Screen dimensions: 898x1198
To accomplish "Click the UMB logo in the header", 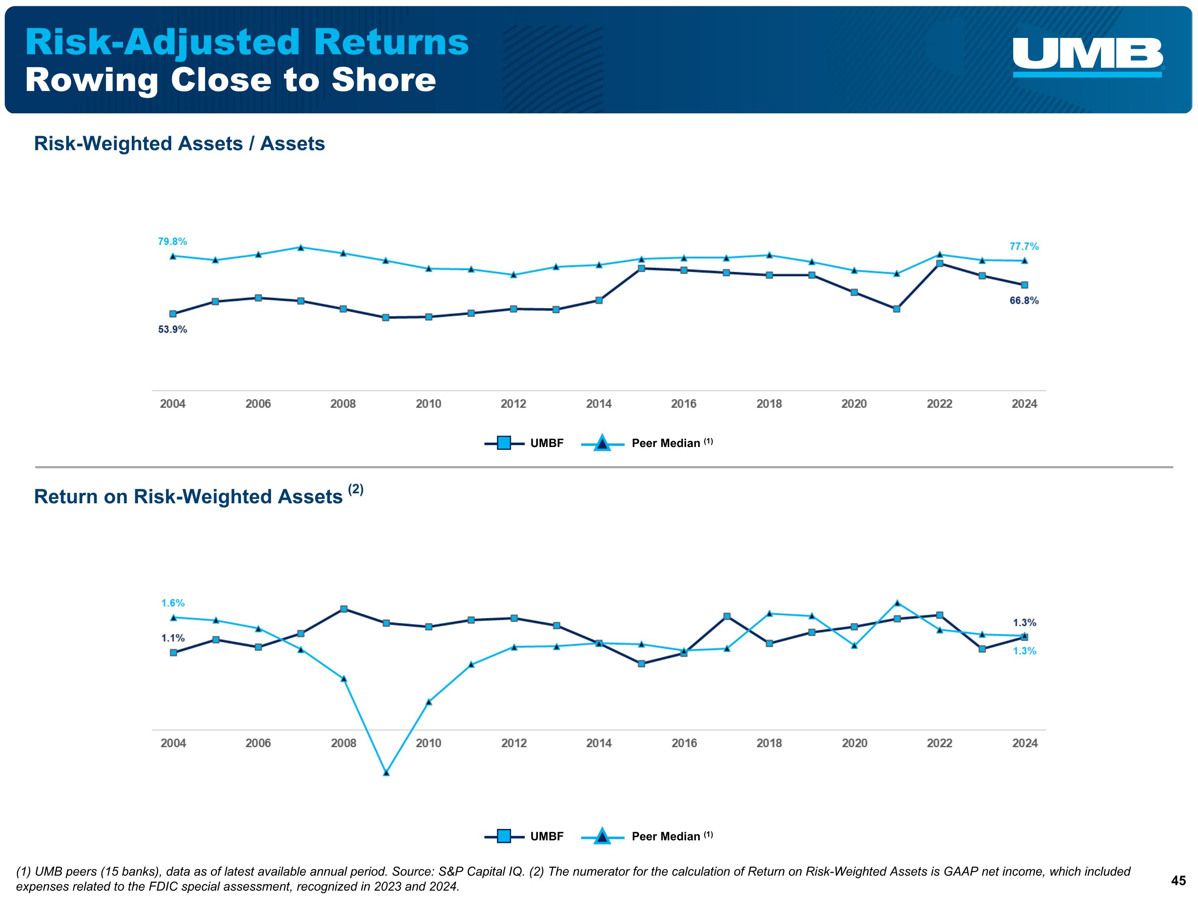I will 1087,56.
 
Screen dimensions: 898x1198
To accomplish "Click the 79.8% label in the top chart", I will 172,241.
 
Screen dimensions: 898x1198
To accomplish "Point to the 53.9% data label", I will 172,329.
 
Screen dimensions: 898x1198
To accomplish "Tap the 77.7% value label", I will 1023,246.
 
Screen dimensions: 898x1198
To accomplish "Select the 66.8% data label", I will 1023,301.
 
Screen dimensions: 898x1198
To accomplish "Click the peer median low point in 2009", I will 386,772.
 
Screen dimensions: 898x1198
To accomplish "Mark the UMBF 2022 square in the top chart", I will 940,263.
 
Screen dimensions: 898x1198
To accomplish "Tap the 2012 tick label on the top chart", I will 514,404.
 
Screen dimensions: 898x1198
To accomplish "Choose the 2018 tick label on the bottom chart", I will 769,743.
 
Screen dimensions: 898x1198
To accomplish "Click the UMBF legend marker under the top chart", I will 504,443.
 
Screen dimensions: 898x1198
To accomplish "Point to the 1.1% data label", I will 173,638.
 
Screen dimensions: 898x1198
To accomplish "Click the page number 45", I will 1178,881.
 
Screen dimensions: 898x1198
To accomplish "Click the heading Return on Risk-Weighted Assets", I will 188,496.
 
